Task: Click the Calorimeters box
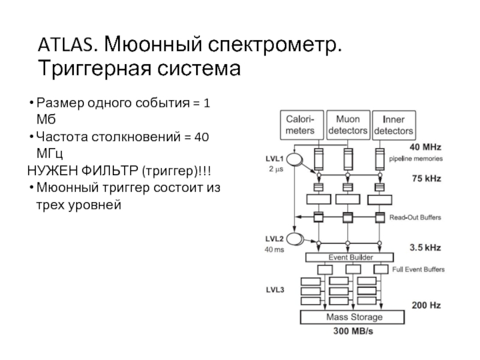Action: point(303,125)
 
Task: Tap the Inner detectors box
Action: point(393,125)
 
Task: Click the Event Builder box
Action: point(344,257)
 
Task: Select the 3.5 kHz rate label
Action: point(426,246)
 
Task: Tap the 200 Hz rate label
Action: point(426,305)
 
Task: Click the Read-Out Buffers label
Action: point(418,217)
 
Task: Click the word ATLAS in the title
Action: point(65,44)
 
